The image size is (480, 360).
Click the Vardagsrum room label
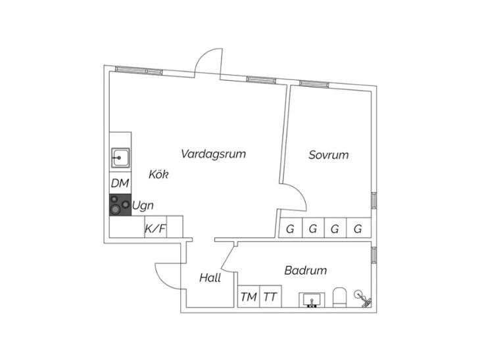coord(213,154)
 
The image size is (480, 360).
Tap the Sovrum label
coord(329,155)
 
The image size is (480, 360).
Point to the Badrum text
coord(306,271)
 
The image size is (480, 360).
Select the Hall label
coord(210,278)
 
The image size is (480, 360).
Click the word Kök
coord(158,174)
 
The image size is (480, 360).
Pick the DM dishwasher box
coord(120,183)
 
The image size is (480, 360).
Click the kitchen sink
coord(120,158)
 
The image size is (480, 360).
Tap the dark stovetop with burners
coord(120,205)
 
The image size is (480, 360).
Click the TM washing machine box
coord(249,296)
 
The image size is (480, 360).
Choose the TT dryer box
coord(271,296)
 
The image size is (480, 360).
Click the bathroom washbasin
coord(312,300)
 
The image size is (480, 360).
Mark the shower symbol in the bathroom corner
coord(364,299)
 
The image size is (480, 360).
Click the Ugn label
coord(143,206)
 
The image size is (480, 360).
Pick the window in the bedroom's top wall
coord(314,84)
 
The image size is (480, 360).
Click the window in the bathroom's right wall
coord(373,255)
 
